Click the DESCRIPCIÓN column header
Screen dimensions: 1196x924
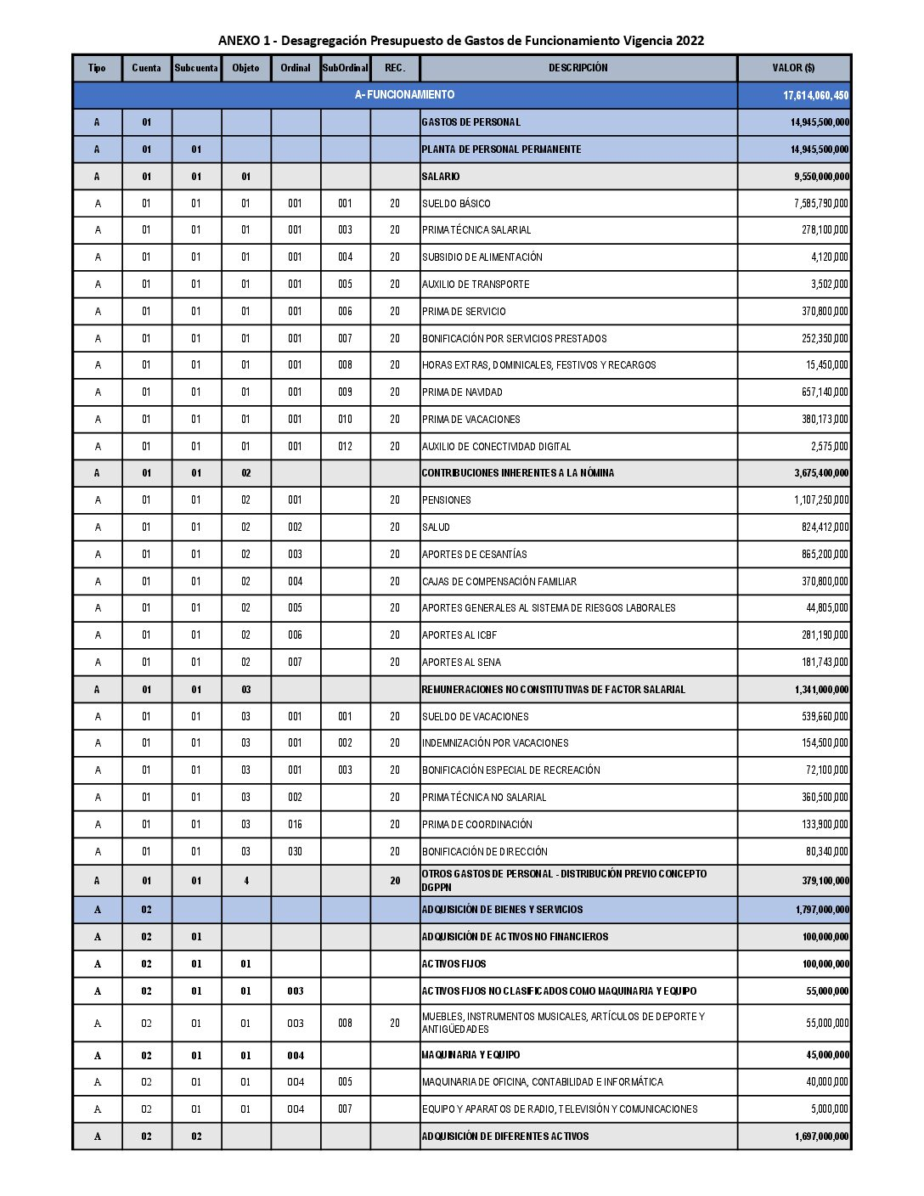577,68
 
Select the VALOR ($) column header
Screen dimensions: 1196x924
793,68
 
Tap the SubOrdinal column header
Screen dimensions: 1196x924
345,68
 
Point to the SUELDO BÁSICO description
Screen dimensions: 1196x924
456,204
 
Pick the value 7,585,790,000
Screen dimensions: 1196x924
820,204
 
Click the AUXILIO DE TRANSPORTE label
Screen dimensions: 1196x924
476,285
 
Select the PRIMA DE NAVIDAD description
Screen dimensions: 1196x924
462,392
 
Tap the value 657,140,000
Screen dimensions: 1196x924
825,392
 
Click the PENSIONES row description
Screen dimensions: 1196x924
447,500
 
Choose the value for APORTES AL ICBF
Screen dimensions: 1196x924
825,635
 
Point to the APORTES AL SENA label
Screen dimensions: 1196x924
461,663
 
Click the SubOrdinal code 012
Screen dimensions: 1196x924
345,447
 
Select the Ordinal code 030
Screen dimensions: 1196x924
295,852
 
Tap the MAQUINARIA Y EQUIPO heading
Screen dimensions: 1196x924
470,1055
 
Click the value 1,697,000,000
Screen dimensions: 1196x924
821,1137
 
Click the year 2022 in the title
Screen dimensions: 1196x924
690,41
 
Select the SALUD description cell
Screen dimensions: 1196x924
436,527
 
